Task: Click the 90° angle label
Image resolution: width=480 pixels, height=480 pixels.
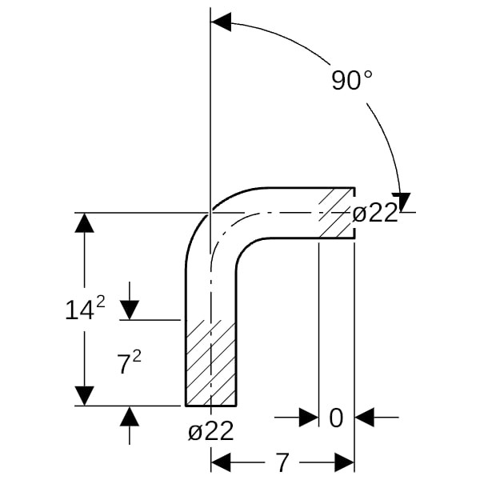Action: tap(352, 81)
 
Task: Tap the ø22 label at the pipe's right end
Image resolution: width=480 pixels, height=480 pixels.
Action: tap(375, 213)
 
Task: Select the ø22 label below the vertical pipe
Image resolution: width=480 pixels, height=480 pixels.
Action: tap(211, 430)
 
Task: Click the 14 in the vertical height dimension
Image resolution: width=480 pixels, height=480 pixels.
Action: tap(79, 310)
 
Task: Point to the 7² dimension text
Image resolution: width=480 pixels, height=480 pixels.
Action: tap(129, 362)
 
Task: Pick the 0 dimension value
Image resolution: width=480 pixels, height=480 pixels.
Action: tap(336, 418)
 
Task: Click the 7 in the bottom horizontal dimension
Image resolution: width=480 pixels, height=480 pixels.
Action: tap(282, 462)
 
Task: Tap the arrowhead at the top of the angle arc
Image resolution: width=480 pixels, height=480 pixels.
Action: tap(221, 22)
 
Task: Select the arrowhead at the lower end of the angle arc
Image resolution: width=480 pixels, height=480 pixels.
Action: tap(401, 202)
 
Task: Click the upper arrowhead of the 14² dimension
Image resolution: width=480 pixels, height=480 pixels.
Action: tap(84, 222)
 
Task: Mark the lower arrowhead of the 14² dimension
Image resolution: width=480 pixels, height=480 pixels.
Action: tap(84, 396)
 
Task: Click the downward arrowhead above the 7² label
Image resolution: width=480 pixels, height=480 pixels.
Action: tap(129, 310)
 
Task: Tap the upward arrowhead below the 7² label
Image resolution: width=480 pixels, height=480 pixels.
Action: tap(129, 416)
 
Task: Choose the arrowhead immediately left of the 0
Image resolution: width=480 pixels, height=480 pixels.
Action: tap(309, 417)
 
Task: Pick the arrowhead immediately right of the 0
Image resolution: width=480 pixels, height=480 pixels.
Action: tap(364, 417)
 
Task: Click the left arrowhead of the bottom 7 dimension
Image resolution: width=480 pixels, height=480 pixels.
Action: tap(221, 462)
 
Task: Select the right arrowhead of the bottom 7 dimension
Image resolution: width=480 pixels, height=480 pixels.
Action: tap(344, 462)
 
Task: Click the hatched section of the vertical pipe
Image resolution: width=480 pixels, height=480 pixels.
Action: tap(211, 362)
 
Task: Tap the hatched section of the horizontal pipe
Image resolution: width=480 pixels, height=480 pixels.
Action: tap(337, 213)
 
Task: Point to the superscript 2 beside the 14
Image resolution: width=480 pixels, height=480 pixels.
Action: tap(101, 302)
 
